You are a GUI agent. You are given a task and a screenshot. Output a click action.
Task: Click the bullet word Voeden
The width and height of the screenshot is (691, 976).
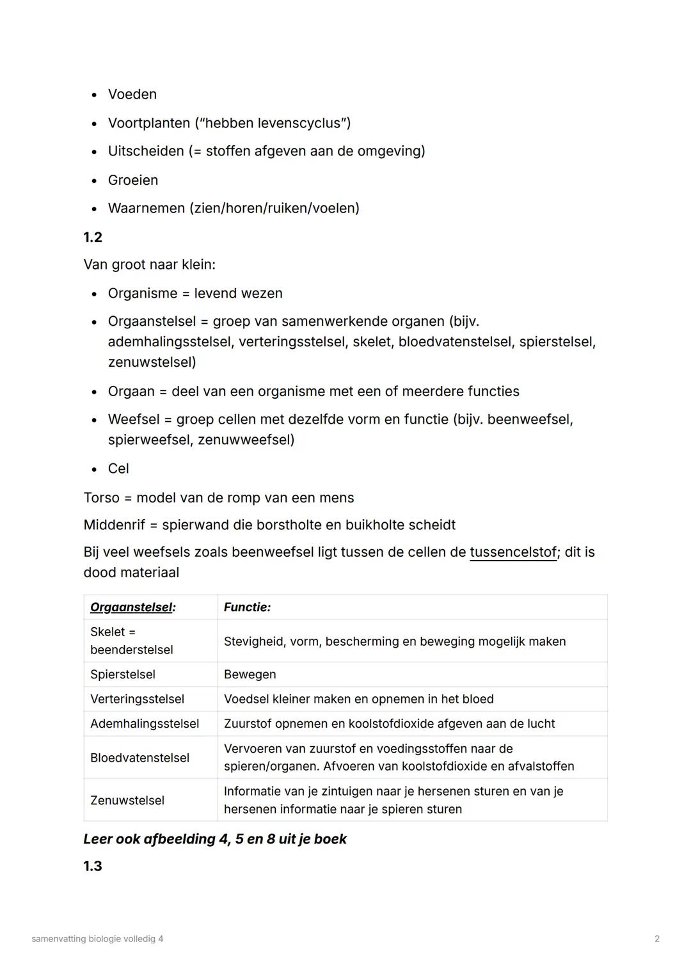point(132,95)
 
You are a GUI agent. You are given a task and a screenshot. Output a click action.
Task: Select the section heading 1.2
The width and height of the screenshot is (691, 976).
point(93,237)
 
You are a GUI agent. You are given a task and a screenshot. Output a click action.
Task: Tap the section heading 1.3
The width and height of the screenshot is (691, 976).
point(93,867)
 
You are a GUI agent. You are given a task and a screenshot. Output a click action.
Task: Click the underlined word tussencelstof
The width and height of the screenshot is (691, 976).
point(512,552)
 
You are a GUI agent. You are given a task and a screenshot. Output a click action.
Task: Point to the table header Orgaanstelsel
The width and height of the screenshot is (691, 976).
point(132,607)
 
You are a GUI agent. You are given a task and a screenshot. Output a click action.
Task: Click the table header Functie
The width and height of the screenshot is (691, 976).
point(247,607)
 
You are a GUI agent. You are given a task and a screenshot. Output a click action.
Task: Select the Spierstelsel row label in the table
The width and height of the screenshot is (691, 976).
point(123,675)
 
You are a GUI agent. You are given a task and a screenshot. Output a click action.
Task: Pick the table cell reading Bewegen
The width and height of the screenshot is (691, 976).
point(250,675)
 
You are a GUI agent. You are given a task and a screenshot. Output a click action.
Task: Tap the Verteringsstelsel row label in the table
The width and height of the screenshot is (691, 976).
point(137,700)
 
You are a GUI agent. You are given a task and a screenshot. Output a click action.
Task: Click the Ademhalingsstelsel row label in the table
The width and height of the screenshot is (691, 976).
point(145,724)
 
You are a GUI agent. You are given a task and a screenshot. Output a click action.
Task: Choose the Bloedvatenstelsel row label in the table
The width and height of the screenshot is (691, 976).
point(139,758)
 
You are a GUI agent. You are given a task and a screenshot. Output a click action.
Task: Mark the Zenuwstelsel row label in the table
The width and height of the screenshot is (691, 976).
point(127,801)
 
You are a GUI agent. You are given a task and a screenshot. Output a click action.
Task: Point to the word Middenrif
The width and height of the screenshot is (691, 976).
point(115,525)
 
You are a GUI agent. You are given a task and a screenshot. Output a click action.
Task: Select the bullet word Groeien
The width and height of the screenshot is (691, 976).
point(133,180)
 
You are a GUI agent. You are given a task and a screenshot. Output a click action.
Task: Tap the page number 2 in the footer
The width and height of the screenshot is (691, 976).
point(657,939)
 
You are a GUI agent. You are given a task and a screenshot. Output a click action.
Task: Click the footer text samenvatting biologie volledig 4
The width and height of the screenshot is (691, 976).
point(97,939)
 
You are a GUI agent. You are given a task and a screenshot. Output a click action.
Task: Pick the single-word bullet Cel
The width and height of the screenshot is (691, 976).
point(118,468)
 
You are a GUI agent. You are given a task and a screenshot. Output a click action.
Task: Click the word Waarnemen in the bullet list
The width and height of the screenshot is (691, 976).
point(146,209)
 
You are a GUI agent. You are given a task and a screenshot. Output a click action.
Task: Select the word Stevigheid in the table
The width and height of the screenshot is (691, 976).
point(253,641)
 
